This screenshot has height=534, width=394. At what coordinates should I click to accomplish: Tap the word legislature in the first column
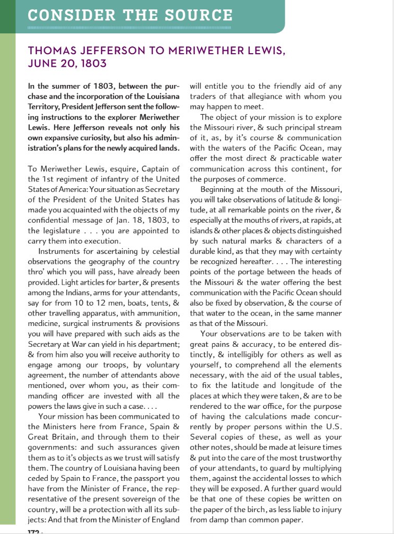point(54,230)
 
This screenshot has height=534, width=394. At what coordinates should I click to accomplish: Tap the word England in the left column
point(163,519)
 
